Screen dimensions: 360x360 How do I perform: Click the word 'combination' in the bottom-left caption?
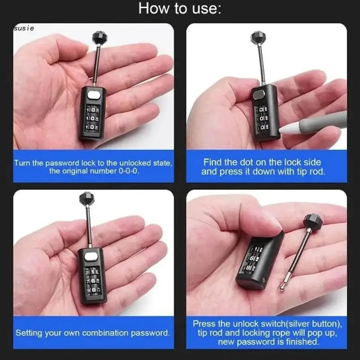coord(104,333)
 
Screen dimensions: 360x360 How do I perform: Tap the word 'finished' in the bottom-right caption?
coord(301,342)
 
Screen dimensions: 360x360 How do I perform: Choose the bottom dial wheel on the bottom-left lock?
coord(92,290)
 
